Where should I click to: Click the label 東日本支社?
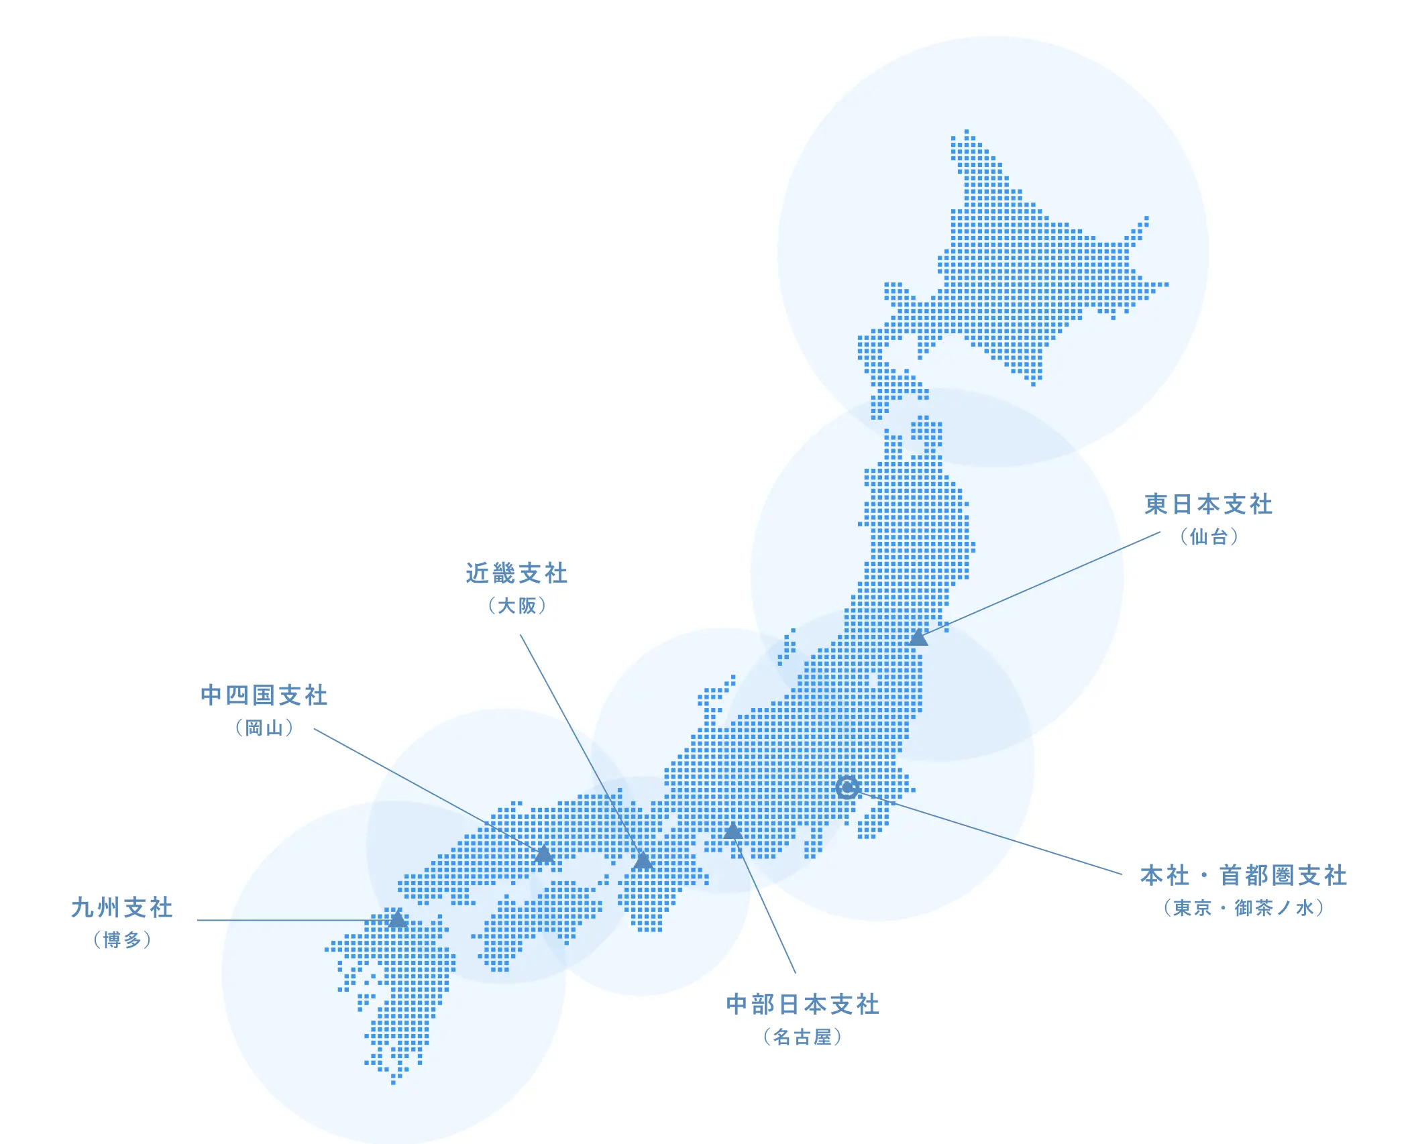(x=1208, y=504)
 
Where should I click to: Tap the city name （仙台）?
(x=1209, y=536)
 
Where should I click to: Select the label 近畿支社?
(x=517, y=573)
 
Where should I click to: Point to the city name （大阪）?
(x=517, y=606)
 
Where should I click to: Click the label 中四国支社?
(x=264, y=695)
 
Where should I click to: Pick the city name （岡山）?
(x=264, y=728)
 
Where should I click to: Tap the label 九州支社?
(x=122, y=908)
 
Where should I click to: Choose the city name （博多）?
(x=122, y=940)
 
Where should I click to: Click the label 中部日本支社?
(x=802, y=1005)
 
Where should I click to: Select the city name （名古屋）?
(x=802, y=1037)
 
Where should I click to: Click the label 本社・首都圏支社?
(x=1244, y=876)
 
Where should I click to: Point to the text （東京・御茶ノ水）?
(x=1244, y=908)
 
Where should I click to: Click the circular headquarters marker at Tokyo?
(x=847, y=787)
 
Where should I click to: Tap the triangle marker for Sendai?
(x=918, y=638)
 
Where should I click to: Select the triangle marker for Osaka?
(x=643, y=861)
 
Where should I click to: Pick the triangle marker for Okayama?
(x=544, y=855)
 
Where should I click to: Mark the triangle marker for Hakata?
(x=398, y=919)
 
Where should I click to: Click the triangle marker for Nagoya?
(x=733, y=832)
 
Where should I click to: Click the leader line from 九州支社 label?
(x=288, y=920)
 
